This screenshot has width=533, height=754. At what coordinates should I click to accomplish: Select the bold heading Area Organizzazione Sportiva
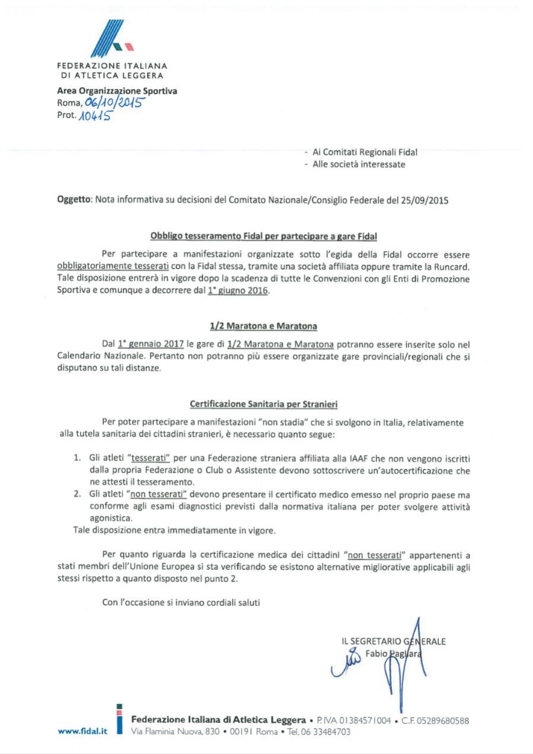tap(117, 91)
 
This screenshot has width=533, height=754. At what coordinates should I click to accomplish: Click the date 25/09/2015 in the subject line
tap(426, 200)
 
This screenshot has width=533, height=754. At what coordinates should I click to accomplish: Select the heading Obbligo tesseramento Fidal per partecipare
tap(264, 236)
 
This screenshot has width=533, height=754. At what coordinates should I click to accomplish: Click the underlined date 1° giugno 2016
tap(238, 291)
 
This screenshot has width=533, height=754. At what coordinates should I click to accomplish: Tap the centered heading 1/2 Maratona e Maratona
tap(264, 326)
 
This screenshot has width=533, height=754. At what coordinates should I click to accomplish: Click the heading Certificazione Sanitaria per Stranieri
tap(264, 405)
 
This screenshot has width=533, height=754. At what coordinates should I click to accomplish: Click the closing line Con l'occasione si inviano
tap(181, 602)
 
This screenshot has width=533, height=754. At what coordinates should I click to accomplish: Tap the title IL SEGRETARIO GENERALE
tap(394, 641)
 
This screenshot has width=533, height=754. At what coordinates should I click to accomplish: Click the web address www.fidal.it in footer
tap(82, 731)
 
